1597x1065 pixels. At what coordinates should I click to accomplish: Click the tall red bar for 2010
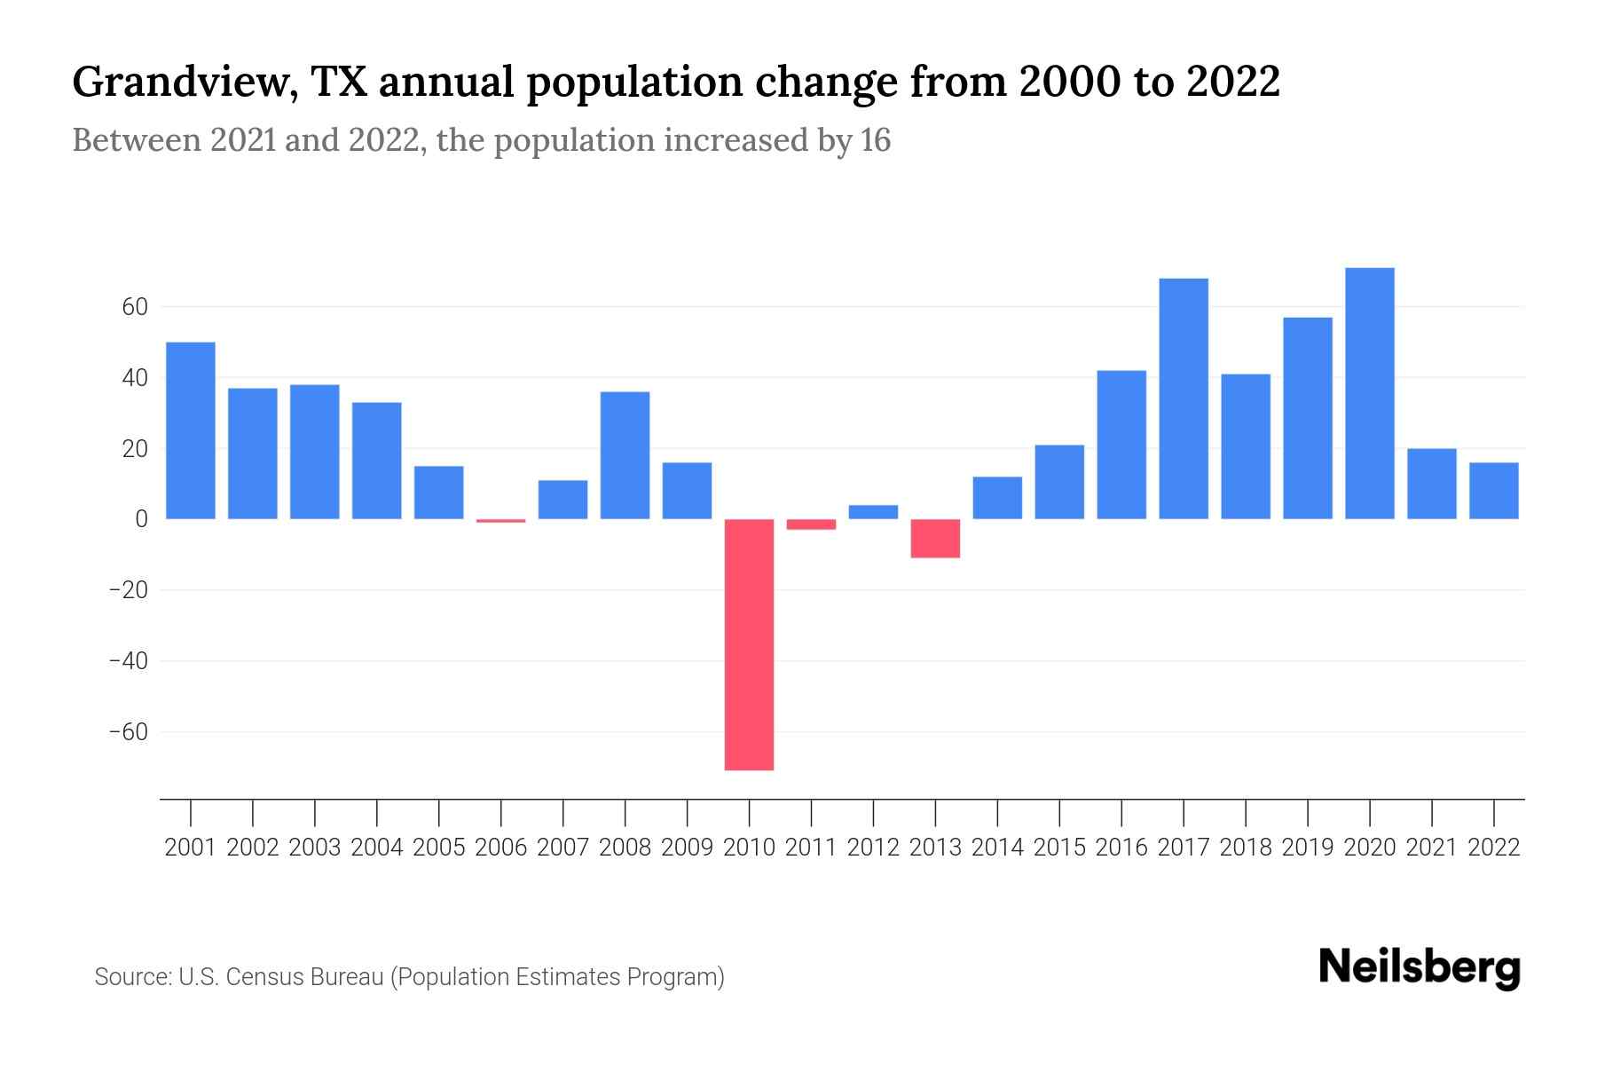749,644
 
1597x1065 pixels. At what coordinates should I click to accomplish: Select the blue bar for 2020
1369,393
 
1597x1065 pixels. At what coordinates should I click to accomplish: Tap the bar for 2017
1184,398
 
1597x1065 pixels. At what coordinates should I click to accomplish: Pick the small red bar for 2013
935,539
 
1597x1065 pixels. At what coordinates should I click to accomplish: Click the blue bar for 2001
191,430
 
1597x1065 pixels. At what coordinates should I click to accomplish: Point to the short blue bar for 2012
873,512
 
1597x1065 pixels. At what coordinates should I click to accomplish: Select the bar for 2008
625,455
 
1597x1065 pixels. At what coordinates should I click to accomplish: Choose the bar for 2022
1493,491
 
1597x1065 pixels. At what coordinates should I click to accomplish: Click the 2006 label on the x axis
501,848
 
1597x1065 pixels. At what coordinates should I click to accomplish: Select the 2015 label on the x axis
1059,848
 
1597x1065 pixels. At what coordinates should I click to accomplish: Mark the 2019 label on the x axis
1307,848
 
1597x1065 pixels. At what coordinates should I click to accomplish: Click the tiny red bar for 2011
811,525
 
